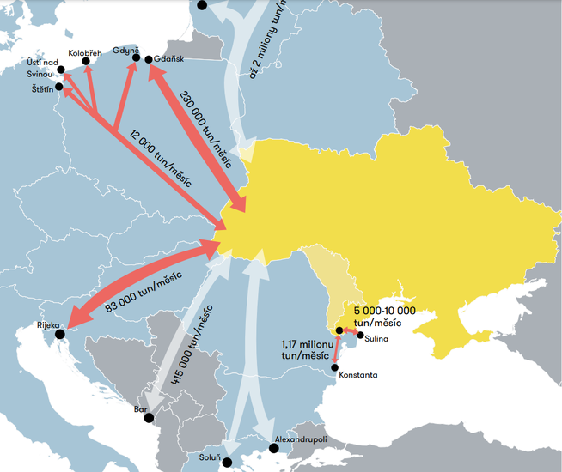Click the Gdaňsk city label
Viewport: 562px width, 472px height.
point(170,59)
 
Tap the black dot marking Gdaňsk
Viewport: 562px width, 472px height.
point(149,59)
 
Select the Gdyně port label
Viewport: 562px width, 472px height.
point(125,51)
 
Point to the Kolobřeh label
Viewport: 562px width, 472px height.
point(85,52)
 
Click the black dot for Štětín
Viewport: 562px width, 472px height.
point(59,87)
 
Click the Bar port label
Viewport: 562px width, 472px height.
point(141,409)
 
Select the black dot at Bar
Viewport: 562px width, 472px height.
point(149,418)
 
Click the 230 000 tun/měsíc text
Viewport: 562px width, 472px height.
point(205,124)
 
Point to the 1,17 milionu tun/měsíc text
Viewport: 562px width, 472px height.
point(306,349)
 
